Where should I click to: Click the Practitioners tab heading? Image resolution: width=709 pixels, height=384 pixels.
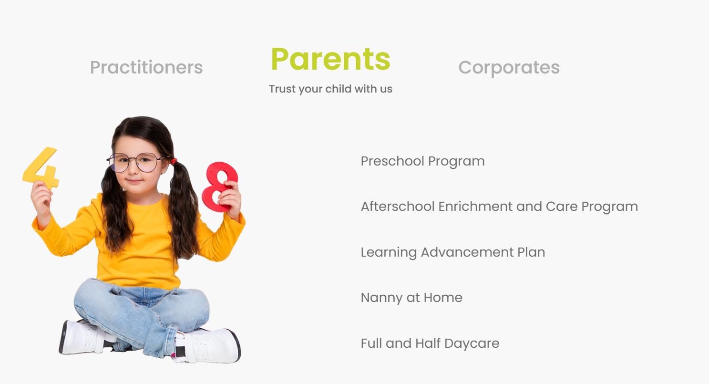pyautogui.click(x=146, y=68)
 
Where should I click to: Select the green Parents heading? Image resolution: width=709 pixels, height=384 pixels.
pyautogui.click(x=331, y=59)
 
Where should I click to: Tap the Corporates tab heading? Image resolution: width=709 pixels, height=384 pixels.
pyautogui.click(x=509, y=68)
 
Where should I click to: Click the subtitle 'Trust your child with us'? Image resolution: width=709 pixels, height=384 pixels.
pyautogui.click(x=331, y=89)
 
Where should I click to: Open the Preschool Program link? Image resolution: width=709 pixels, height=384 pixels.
pyautogui.click(x=422, y=161)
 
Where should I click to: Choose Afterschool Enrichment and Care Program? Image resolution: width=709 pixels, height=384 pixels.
pyautogui.click(x=500, y=207)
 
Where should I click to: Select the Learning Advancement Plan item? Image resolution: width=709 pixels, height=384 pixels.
pyautogui.click(x=453, y=252)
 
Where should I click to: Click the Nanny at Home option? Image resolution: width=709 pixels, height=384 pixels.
pyautogui.click(x=411, y=298)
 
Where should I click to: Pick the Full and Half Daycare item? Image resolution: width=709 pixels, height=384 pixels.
pyautogui.click(x=430, y=343)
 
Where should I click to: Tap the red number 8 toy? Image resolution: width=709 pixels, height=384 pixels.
pyautogui.click(x=219, y=187)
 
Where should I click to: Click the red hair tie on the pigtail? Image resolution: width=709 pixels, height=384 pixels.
pyautogui.click(x=174, y=161)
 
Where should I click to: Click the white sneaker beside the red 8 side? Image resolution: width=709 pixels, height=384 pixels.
pyautogui.click(x=207, y=346)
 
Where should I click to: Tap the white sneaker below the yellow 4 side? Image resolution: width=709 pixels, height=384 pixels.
pyautogui.click(x=83, y=337)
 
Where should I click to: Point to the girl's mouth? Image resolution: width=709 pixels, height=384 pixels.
pyautogui.click(x=134, y=181)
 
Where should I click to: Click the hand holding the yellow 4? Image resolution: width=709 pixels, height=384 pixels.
pyautogui.click(x=41, y=199)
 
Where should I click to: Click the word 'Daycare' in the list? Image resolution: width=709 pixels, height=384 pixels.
pyautogui.click(x=472, y=343)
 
